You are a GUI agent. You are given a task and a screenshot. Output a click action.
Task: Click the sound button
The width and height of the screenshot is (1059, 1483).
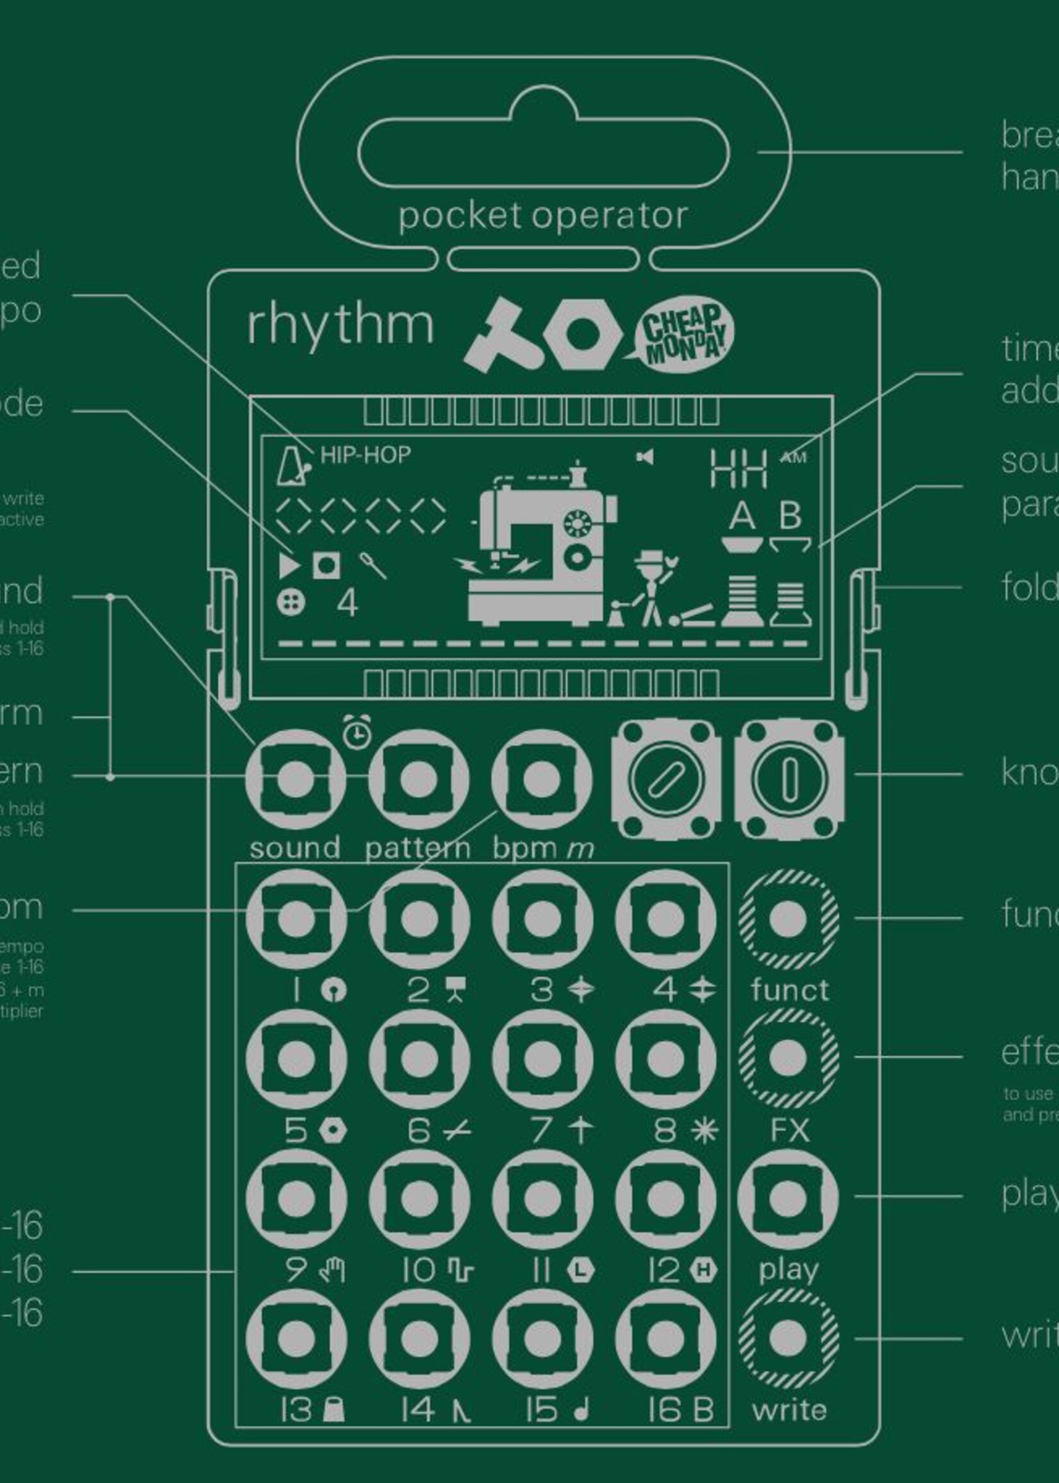296,778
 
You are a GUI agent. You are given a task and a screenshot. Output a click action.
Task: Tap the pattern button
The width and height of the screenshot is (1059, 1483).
418,778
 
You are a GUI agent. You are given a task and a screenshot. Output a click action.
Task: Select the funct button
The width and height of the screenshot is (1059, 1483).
788,919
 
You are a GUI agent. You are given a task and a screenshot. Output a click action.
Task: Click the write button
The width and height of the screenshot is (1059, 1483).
788,1338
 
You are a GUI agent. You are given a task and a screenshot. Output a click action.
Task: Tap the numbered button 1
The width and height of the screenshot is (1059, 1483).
296,919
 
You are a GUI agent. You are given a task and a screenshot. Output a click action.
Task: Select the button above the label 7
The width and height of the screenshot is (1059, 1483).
542,1059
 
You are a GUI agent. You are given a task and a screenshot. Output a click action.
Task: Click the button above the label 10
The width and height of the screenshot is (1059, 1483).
418,1198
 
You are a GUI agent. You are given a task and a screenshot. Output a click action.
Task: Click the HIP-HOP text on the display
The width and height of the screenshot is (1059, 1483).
365,455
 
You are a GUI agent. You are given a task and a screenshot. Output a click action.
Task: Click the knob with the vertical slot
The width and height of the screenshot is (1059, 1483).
789,778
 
